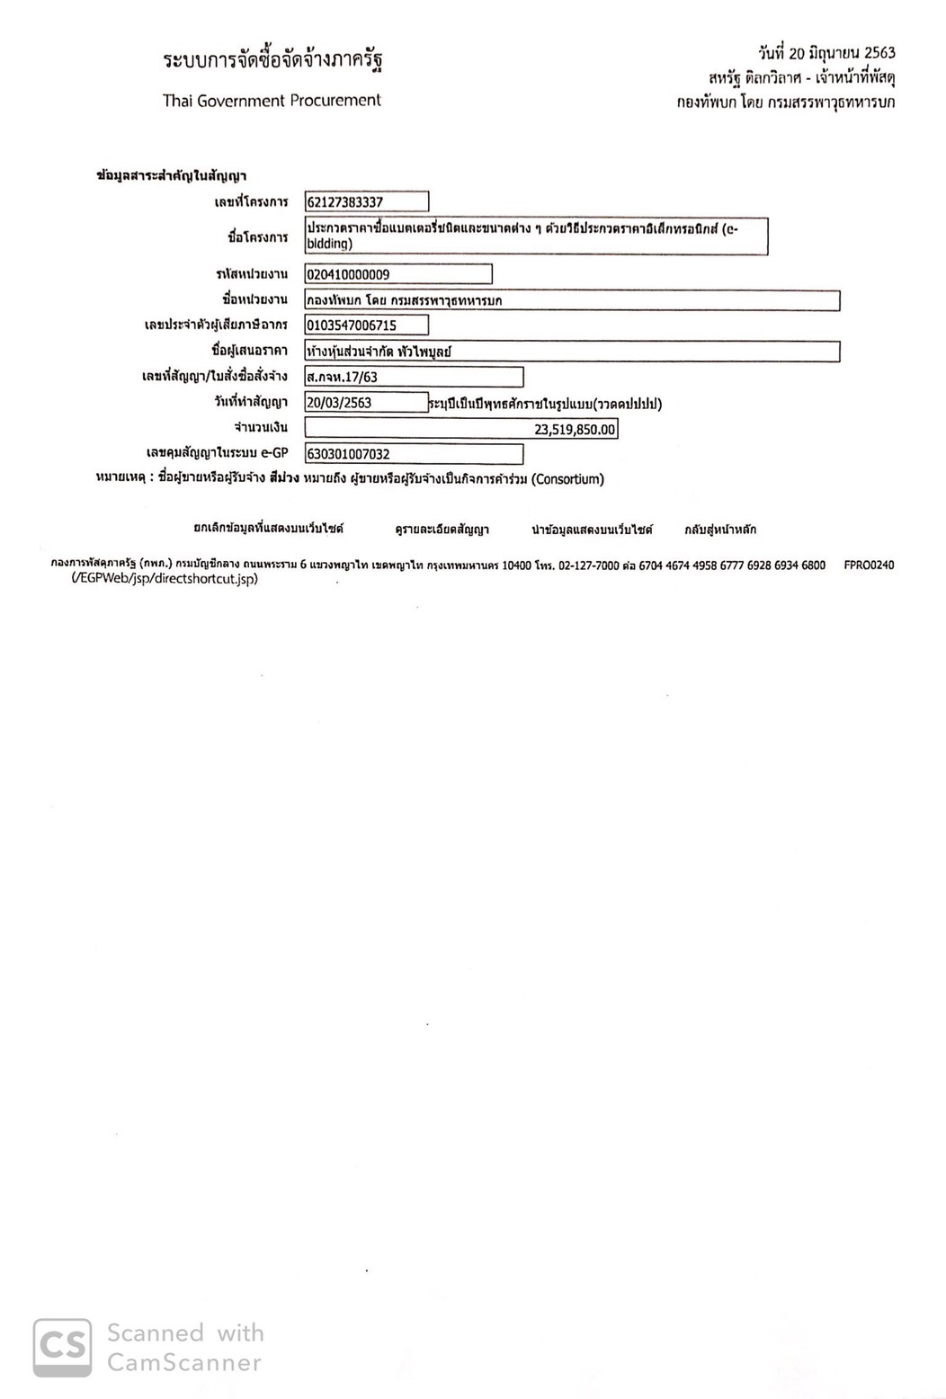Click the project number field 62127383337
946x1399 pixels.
(x=366, y=202)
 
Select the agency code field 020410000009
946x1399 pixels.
(x=397, y=274)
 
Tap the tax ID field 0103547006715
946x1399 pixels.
(x=366, y=325)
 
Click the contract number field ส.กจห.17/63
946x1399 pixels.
(x=413, y=377)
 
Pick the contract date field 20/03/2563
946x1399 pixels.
(x=366, y=403)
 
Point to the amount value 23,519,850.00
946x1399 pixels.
(x=575, y=430)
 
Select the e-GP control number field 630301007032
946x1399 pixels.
(x=413, y=454)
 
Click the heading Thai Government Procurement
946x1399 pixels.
(x=272, y=101)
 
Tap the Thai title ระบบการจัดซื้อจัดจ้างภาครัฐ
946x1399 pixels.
(x=272, y=60)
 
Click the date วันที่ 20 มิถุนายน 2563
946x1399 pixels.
(x=826, y=53)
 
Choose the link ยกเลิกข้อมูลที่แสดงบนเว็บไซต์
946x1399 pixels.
(x=268, y=529)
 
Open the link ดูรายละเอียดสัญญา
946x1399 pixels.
(x=442, y=530)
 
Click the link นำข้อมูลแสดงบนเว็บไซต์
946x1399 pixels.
(x=592, y=530)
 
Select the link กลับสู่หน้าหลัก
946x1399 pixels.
(x=719, y=530)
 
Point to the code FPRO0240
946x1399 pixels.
(x=869, y=566)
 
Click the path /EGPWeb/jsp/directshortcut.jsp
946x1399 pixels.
(x=165, y=579)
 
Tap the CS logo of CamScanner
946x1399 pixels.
(x=62, y=1347)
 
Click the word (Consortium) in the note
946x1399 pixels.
(x=567, y=479)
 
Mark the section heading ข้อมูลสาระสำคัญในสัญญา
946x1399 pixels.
(x=171, y=176)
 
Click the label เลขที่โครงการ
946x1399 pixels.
(x=251, y=202)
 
